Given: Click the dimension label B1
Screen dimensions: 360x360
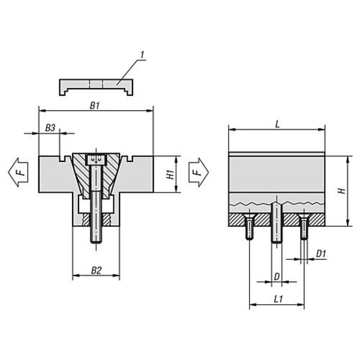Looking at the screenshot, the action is click(95, 106).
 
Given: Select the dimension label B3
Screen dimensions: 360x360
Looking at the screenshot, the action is click(50, 128).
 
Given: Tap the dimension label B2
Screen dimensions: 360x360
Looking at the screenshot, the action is click(96, 271).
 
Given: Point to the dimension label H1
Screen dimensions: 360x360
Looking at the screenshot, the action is click(170, 174).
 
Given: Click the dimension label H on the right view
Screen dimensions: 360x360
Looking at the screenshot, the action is click(342, 191).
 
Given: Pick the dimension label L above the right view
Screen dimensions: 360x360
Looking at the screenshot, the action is click(277, 125).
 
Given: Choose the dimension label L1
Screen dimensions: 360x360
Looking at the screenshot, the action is click(278, 299).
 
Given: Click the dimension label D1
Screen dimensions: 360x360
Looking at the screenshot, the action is click(321, 254).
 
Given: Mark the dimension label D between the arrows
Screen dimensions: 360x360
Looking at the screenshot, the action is click(277, 277).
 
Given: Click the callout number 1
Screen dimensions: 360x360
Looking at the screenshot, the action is click(142, 55).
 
